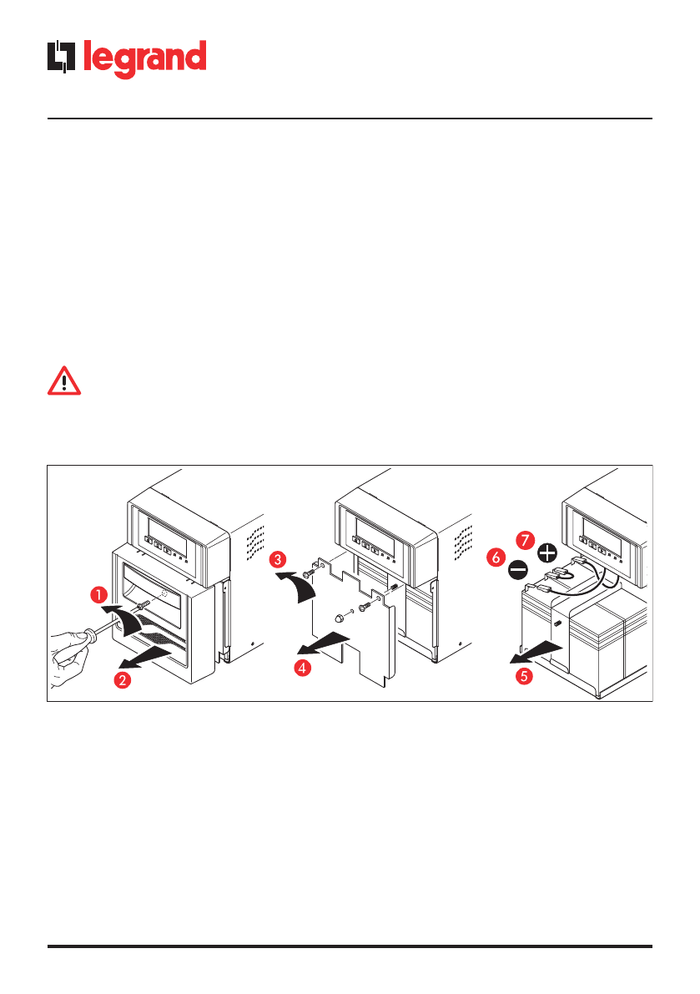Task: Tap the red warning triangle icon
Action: [63, 381]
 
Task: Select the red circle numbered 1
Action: [98, 595]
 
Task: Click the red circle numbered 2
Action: [122, 679]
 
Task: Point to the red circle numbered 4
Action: [304, 669]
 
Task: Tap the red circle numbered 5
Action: [523, 676]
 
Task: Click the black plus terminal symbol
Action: [547, 552]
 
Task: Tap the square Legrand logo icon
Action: [62, 58]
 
